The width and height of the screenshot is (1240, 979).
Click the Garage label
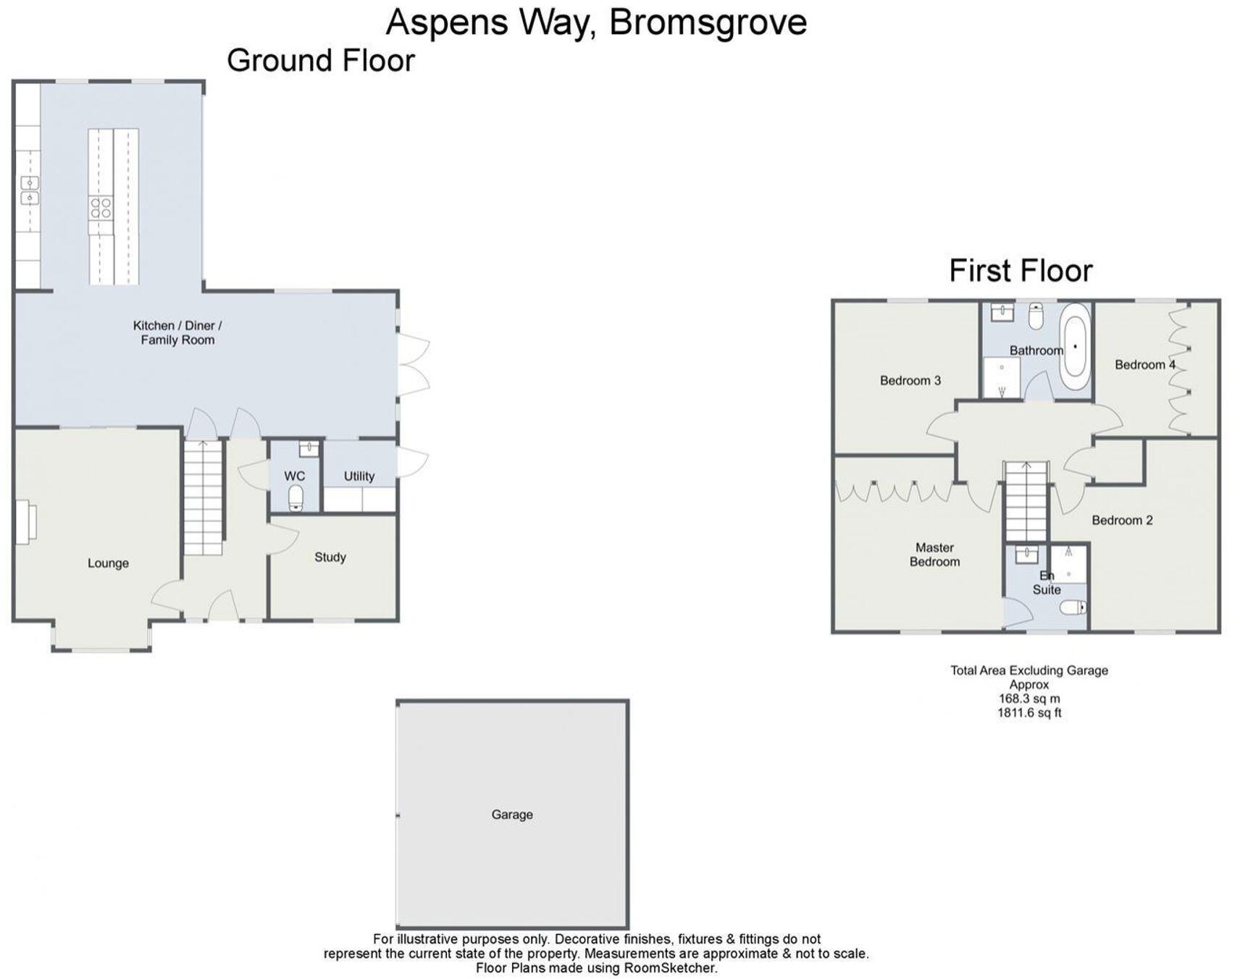511,814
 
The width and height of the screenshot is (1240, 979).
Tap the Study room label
330,557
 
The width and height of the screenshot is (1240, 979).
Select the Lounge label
108,563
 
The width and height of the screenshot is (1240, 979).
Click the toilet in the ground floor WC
296,498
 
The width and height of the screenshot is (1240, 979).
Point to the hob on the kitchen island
101,209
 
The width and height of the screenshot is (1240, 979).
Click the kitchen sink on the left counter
29,190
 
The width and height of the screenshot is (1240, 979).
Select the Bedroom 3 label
910,380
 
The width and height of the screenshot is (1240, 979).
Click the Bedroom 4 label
1144,364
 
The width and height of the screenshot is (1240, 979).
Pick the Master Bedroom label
934,554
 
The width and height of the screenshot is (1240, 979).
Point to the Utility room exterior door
412,462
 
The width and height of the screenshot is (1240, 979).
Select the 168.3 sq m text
1029,699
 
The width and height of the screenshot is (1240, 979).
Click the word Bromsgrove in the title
707,22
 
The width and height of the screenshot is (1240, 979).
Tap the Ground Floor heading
320,60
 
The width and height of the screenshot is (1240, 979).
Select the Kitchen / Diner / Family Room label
177,332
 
